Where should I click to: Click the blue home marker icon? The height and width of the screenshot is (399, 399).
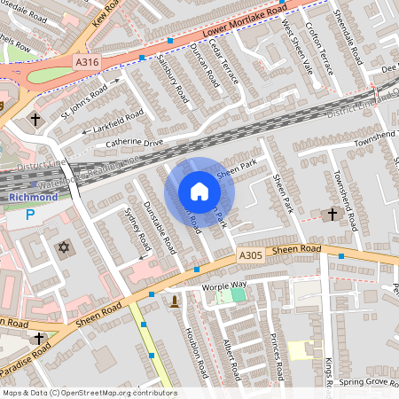[199, 192]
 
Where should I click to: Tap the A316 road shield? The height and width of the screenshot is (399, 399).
[86, 61]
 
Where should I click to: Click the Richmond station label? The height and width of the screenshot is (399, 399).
[32, 197]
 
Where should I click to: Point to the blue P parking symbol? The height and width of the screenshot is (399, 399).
[30, 215]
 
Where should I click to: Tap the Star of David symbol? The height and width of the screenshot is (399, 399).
[63, 246]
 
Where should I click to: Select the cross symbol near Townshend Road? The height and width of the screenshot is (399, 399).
[332, 214]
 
